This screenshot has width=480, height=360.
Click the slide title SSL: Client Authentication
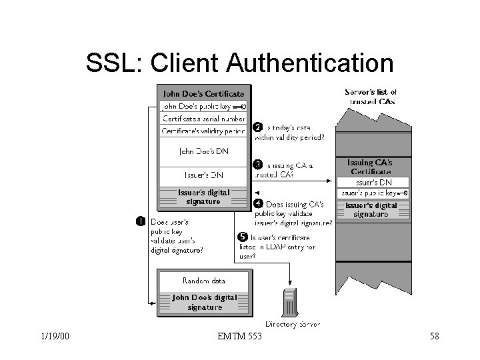pos(239,63)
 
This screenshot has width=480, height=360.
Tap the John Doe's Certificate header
pos(203,93)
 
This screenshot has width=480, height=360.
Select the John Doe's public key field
pos(203,106)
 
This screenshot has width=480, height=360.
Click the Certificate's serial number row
pos(203,118)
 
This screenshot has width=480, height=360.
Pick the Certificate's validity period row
pos(203,130)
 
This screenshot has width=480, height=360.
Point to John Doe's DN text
pos(203,151)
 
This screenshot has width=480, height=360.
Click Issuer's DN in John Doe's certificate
pos(203,175)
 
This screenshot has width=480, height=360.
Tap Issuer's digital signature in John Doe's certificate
pos(203,197)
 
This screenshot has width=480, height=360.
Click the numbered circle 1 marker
pos(141,221)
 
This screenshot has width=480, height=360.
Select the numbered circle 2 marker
pos(259,128)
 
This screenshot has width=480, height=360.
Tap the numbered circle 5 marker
pos(243,237)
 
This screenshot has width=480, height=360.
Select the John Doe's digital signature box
pos(203,302)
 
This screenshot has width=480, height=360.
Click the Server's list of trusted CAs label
pos(371,96)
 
